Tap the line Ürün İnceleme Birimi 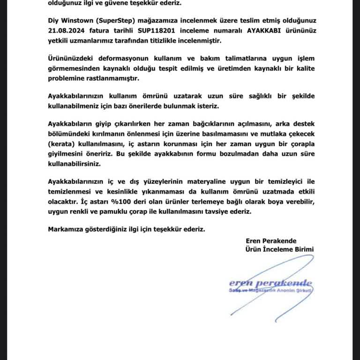[279, 249]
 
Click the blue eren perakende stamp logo [270, 284]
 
